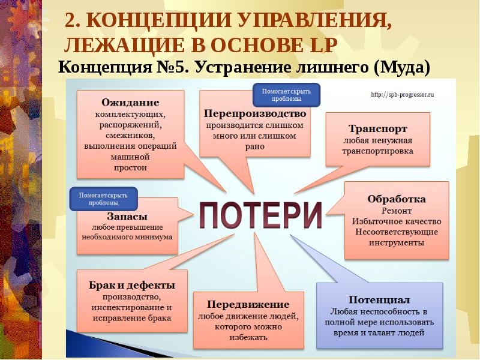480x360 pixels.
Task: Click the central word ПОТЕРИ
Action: pos(260,214)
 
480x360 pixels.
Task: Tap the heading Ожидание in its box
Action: pos(130,102)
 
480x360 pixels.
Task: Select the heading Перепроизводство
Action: pos(255,113)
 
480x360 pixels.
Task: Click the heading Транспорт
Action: pos(378,128)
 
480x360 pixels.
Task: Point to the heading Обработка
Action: pos(397,199)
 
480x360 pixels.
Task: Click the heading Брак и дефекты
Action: pos(132,285)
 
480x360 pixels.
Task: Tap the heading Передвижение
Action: pos(248,304)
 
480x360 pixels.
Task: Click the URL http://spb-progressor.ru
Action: pos(402,94)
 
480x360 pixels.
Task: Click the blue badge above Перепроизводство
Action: pos(286,95)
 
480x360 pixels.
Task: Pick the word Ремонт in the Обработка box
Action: pos(396,211)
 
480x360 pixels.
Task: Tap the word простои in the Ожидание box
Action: pos(130,167)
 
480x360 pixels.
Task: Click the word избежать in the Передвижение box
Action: pos(247,337)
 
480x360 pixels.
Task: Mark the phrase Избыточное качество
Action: pos(396,221)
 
